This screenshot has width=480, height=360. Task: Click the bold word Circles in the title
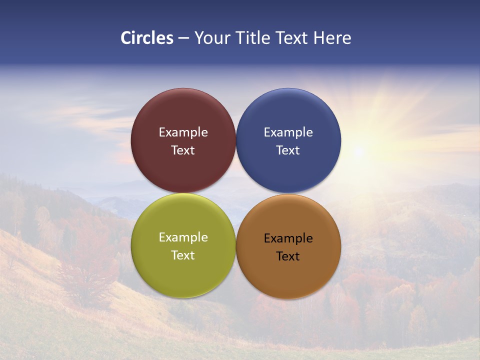click(x=147, y=38)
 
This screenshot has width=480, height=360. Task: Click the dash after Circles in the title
click(x=183, y=38)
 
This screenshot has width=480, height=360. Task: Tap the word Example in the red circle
click(x=183, y=132)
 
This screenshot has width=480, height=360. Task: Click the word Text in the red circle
click(x=183, y=150)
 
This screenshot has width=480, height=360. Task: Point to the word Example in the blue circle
click(x=288, y=132)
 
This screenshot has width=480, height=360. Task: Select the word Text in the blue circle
click(x=288, y=150)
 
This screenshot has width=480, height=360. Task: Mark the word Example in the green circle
click(x=183, y=237)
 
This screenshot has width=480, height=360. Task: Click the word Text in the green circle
click(x=183, y=255)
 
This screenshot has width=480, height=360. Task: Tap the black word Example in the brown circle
click(x=288, y=238)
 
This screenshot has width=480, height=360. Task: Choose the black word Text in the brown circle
click(x=288, y=256)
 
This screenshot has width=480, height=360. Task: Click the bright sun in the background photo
click(x=358, y=150)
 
